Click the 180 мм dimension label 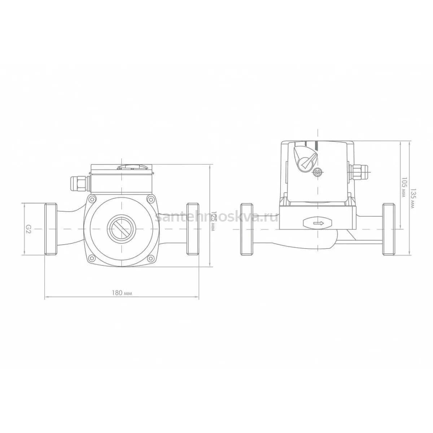tap(122, 293)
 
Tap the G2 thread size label tap(29, 229)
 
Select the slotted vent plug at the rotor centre tap(122, 229)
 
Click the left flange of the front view tap(51, 229)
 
